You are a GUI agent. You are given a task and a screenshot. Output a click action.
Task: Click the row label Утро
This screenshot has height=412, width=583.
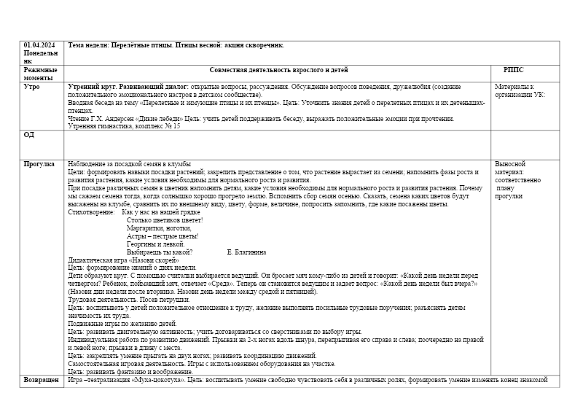point(32,86)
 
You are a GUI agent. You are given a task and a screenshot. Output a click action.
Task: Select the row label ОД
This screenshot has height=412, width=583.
point(29,134)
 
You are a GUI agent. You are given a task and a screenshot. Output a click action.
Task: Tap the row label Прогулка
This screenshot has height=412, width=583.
point(39,164)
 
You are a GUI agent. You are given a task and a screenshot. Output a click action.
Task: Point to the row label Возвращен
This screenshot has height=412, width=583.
point(42,380)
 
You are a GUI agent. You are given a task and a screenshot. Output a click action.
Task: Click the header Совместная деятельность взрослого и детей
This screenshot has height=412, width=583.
point(278,69)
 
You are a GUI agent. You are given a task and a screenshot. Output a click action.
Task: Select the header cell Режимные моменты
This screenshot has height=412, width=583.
point(38,73)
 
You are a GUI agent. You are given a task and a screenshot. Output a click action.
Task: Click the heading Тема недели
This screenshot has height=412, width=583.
point(90,45)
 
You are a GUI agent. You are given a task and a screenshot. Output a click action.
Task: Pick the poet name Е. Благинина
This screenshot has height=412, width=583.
point(246,252)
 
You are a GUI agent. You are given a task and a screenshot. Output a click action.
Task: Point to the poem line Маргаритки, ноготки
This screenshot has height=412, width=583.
point(159,228)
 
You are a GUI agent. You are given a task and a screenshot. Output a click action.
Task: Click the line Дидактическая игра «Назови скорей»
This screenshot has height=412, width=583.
point(122,260)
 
